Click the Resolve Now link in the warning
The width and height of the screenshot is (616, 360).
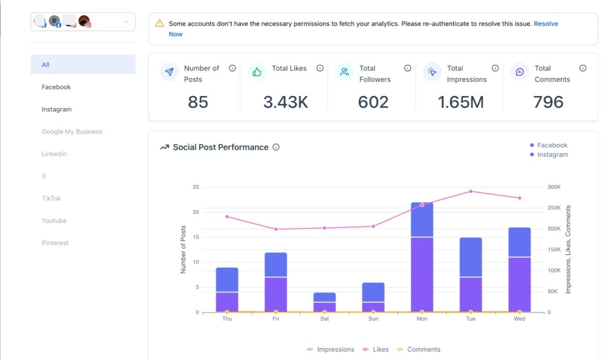coord(546,24)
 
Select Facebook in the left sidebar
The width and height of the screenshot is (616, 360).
coord(56,87)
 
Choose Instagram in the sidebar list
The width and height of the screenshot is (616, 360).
coord(56,110)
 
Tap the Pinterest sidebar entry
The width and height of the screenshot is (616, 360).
coord(55,243)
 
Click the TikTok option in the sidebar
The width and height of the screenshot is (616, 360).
coord(51,198)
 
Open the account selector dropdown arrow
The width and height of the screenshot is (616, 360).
coord(127,22)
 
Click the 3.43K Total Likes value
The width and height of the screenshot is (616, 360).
coord(286,102)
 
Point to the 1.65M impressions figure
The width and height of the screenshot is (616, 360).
coord(461,102)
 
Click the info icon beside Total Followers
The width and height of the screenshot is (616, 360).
coord(407,68)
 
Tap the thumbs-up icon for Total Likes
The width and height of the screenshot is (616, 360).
coord(257,72)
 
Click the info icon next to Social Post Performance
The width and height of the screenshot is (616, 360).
coord(276,147)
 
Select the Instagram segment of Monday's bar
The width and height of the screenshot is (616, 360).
coord(422,220)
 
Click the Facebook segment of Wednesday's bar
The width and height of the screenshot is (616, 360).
coord(519,285)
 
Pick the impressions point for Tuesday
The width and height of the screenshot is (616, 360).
coord(471,192)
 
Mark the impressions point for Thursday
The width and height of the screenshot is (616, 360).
coord(227,217)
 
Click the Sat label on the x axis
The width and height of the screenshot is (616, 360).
coord(324,319)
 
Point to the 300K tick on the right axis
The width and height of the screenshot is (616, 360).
coord(554,187)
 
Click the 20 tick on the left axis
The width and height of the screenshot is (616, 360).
coord(195,212)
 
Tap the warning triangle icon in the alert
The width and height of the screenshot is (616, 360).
coord(160,23)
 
